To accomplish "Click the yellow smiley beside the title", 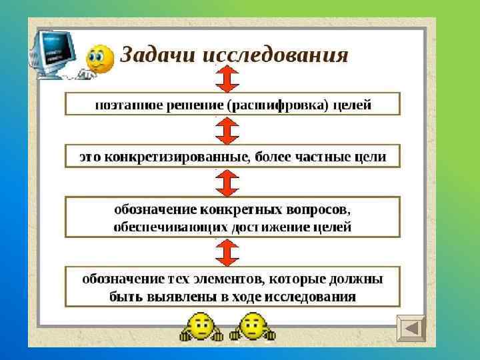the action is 100,59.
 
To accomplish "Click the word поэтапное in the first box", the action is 124,105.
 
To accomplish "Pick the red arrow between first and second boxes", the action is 227,130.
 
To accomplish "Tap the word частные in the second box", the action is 324,157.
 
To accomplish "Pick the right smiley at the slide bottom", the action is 251,329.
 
